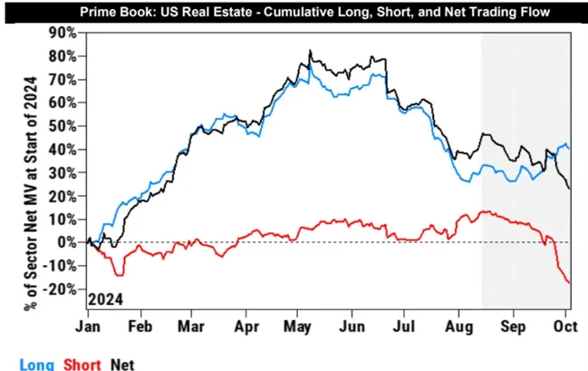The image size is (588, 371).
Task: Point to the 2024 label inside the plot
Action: pos(105,298)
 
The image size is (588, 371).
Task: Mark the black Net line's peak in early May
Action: pos(310,51)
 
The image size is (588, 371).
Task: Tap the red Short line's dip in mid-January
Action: pos(117,274)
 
